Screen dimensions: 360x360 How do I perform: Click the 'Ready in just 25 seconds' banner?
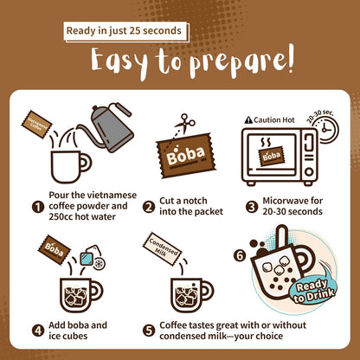click(126, 31)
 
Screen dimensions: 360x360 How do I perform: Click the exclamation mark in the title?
click(290, 58)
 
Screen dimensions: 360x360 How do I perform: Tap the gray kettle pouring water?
click(110, 127)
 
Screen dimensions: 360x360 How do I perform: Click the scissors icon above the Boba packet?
click(185, 124)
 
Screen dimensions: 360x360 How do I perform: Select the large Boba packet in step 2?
click(186, 156)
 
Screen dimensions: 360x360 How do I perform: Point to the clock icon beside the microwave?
click(326, 130)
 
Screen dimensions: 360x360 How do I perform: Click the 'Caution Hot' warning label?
click(269, 120)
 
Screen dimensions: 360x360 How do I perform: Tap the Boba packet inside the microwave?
click(271, 156)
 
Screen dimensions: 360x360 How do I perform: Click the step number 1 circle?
click(38, 207)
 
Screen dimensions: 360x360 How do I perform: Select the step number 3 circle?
click(252, 207)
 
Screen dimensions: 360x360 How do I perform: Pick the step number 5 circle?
click(149, 331)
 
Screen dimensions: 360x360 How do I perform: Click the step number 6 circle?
click(240, 255)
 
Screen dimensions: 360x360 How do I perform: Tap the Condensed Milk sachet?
click(162, 249)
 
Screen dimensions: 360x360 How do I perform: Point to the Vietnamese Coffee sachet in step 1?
click(36, 125)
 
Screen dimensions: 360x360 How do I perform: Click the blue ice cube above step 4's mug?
click(87, 258)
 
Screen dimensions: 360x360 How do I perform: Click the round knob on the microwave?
click(309, 172)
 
